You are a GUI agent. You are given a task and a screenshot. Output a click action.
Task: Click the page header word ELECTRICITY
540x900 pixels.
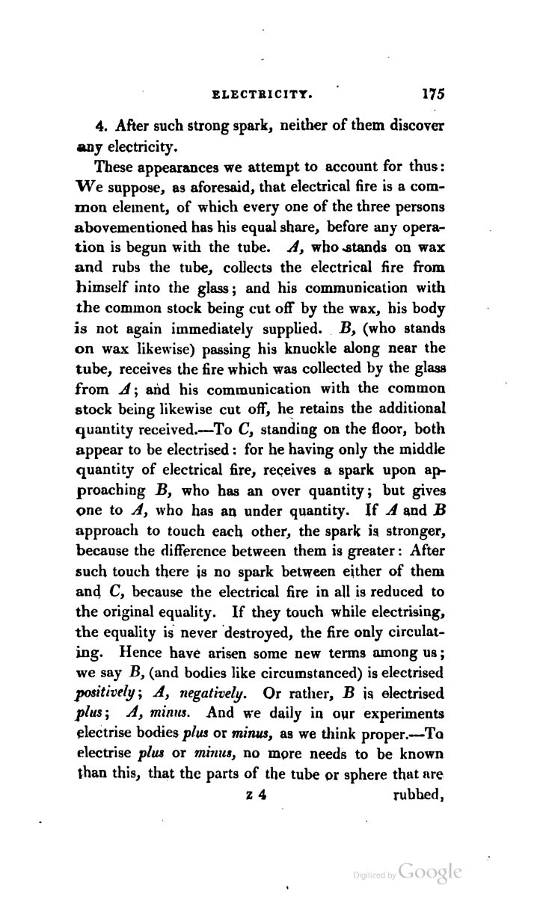tap(263, 96)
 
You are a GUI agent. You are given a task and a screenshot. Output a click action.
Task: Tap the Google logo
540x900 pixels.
tap(431, 872)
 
